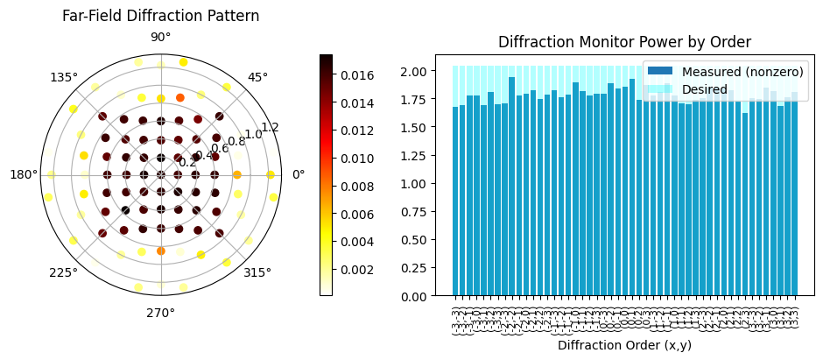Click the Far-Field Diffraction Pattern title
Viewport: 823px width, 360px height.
pos(160,16)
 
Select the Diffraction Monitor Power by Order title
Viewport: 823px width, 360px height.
pos(624,42)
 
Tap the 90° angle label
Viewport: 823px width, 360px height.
pos(160,37)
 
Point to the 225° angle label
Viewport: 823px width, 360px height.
pos(63,272)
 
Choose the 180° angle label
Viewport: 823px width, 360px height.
pos(23,174)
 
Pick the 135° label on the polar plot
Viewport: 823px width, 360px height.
pos(63,77)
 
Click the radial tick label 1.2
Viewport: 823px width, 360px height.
pos(270,128)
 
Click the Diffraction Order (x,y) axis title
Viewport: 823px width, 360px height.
pos(624,345)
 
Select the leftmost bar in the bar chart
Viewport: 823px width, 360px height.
pos(455,201)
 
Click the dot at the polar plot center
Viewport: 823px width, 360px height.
pos(160,174)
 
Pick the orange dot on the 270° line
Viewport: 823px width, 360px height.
pos(160,251)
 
